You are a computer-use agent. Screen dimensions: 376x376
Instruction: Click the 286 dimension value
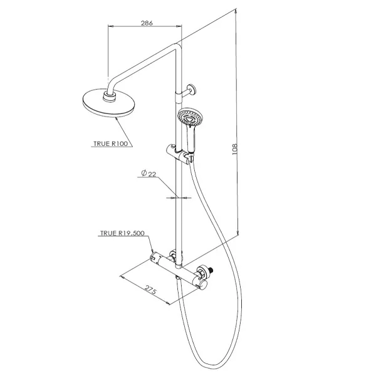147,23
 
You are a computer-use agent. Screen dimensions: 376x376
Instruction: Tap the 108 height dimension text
234,149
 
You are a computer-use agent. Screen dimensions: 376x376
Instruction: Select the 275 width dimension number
151,290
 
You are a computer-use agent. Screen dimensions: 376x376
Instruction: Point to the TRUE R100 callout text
110,144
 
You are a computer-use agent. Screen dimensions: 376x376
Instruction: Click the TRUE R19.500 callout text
122,233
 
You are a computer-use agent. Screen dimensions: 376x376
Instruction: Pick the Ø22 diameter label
149,173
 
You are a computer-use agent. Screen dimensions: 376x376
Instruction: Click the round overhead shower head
108,103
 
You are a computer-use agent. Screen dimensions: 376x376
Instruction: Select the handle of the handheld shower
191,139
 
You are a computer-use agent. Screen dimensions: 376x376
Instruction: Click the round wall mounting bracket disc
192,90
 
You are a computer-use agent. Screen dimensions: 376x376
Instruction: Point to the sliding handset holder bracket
179,154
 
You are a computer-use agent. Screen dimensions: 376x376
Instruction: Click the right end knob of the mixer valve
202,285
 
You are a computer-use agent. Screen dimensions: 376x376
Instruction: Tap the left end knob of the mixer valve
154,257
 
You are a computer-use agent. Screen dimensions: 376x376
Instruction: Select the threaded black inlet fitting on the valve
211,271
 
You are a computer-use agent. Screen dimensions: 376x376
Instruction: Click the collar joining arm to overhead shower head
110,96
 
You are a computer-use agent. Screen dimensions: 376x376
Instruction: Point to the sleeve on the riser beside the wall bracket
179,97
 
